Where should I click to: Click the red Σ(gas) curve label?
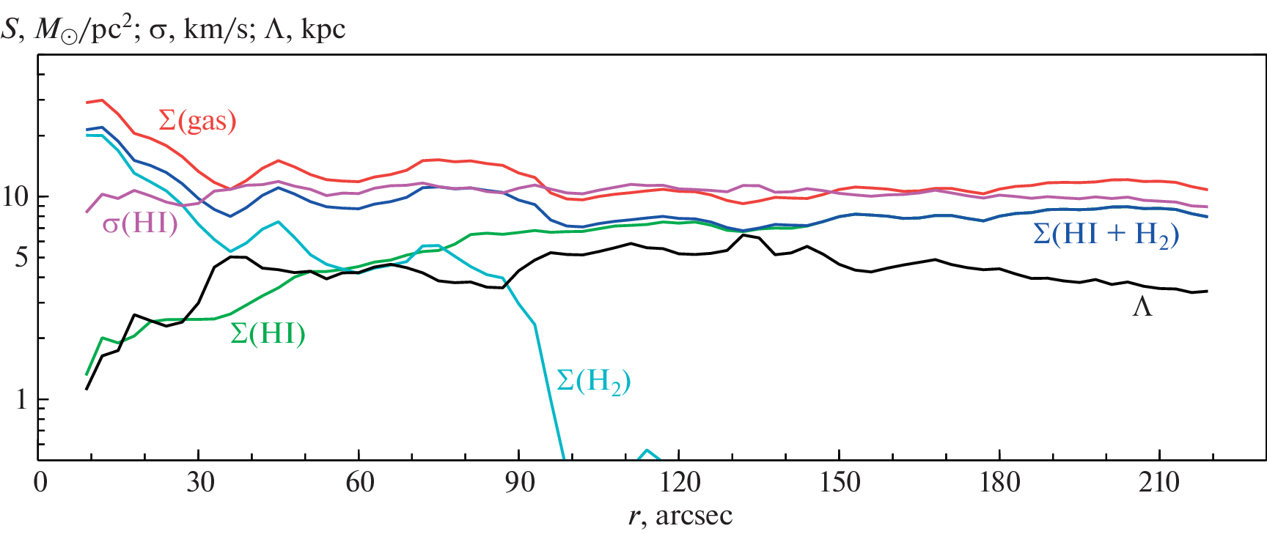click(197, 121)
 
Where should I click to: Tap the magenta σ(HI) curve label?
click(140, 223)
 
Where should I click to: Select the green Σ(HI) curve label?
click(268, 334)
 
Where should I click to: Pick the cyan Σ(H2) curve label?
click(594, 382)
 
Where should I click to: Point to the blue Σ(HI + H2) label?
click(1106, 234)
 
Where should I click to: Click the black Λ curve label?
click(1142, 307)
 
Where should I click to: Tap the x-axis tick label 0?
click(40, 482)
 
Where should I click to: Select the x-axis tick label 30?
click(199, 482)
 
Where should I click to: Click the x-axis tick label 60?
click(359, 482)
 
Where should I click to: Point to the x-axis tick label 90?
click(519, 482)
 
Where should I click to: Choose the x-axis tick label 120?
click(679, 482)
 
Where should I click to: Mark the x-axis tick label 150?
click(840, 482)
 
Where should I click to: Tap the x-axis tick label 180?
click(999, 482)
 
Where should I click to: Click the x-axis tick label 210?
click(1159, 482)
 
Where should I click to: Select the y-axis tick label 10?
click(16, 197)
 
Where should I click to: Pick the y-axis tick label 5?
click(22, 258)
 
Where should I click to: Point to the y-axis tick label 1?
click(22, 400)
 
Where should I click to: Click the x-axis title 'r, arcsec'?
click(680, 516)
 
